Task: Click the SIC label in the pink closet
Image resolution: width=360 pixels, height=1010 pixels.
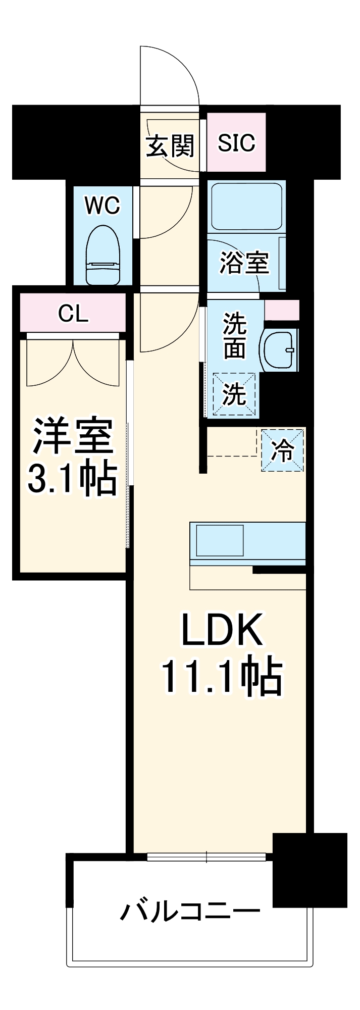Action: (236, 143)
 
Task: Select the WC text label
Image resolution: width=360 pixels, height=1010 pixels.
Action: (102, 206)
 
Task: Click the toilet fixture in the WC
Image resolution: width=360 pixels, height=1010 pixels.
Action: (102, 255)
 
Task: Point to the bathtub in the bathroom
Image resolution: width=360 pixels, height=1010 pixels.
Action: (246, 207)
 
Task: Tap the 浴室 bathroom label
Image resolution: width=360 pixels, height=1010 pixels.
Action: (244, 263)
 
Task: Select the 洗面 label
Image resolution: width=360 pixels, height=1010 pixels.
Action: (234, 336)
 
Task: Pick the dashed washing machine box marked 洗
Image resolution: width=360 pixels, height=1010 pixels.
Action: (234, 394)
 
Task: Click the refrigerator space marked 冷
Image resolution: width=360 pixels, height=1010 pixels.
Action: (283, 450)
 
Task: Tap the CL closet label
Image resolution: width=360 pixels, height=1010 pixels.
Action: (73, 314)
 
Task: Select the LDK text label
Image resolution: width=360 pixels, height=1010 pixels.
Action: (222, 630)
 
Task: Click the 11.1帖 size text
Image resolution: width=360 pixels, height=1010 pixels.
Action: (222, 676)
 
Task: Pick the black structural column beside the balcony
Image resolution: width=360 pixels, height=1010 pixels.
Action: (310, 870)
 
